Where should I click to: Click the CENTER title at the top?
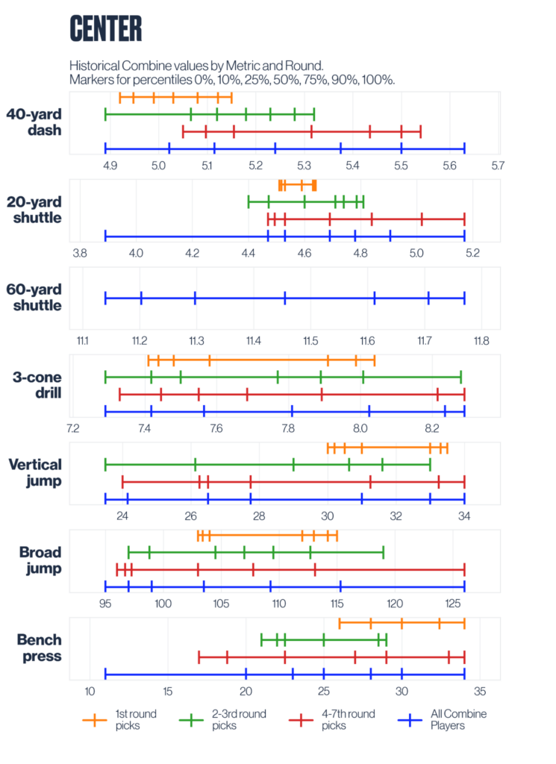pyautogui.click(x=105, y=29)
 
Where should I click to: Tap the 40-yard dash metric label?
pyautogui.click(x=34, y=122)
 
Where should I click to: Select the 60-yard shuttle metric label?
pyautogui.click(x=34, y=297)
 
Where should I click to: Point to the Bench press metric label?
pyautogui.click(x=34, y=648)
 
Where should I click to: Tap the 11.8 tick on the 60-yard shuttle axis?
pyautogui.click(x=481, y=341)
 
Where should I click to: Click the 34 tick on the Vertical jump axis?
pyautogui.click(x=464, y=516)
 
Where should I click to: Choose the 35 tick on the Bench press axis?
pyautogui.click(x=479, y=691)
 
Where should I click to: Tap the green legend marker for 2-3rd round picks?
pyautogui.click(x=193, y=720)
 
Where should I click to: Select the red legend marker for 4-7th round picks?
pyautogui.click(x=301, y=720)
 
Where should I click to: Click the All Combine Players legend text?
pyautogui.click(x=458, y=719)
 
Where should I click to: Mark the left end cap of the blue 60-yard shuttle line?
pyautogui.click(x=105, y=298)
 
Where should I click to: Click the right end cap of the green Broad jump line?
pyautogui.click(x=383, y=552)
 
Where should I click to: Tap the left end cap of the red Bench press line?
pyautogui.click(x=199, y=657)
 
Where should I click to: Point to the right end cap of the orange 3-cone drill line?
pyautogui.click(x=374, y=361)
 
